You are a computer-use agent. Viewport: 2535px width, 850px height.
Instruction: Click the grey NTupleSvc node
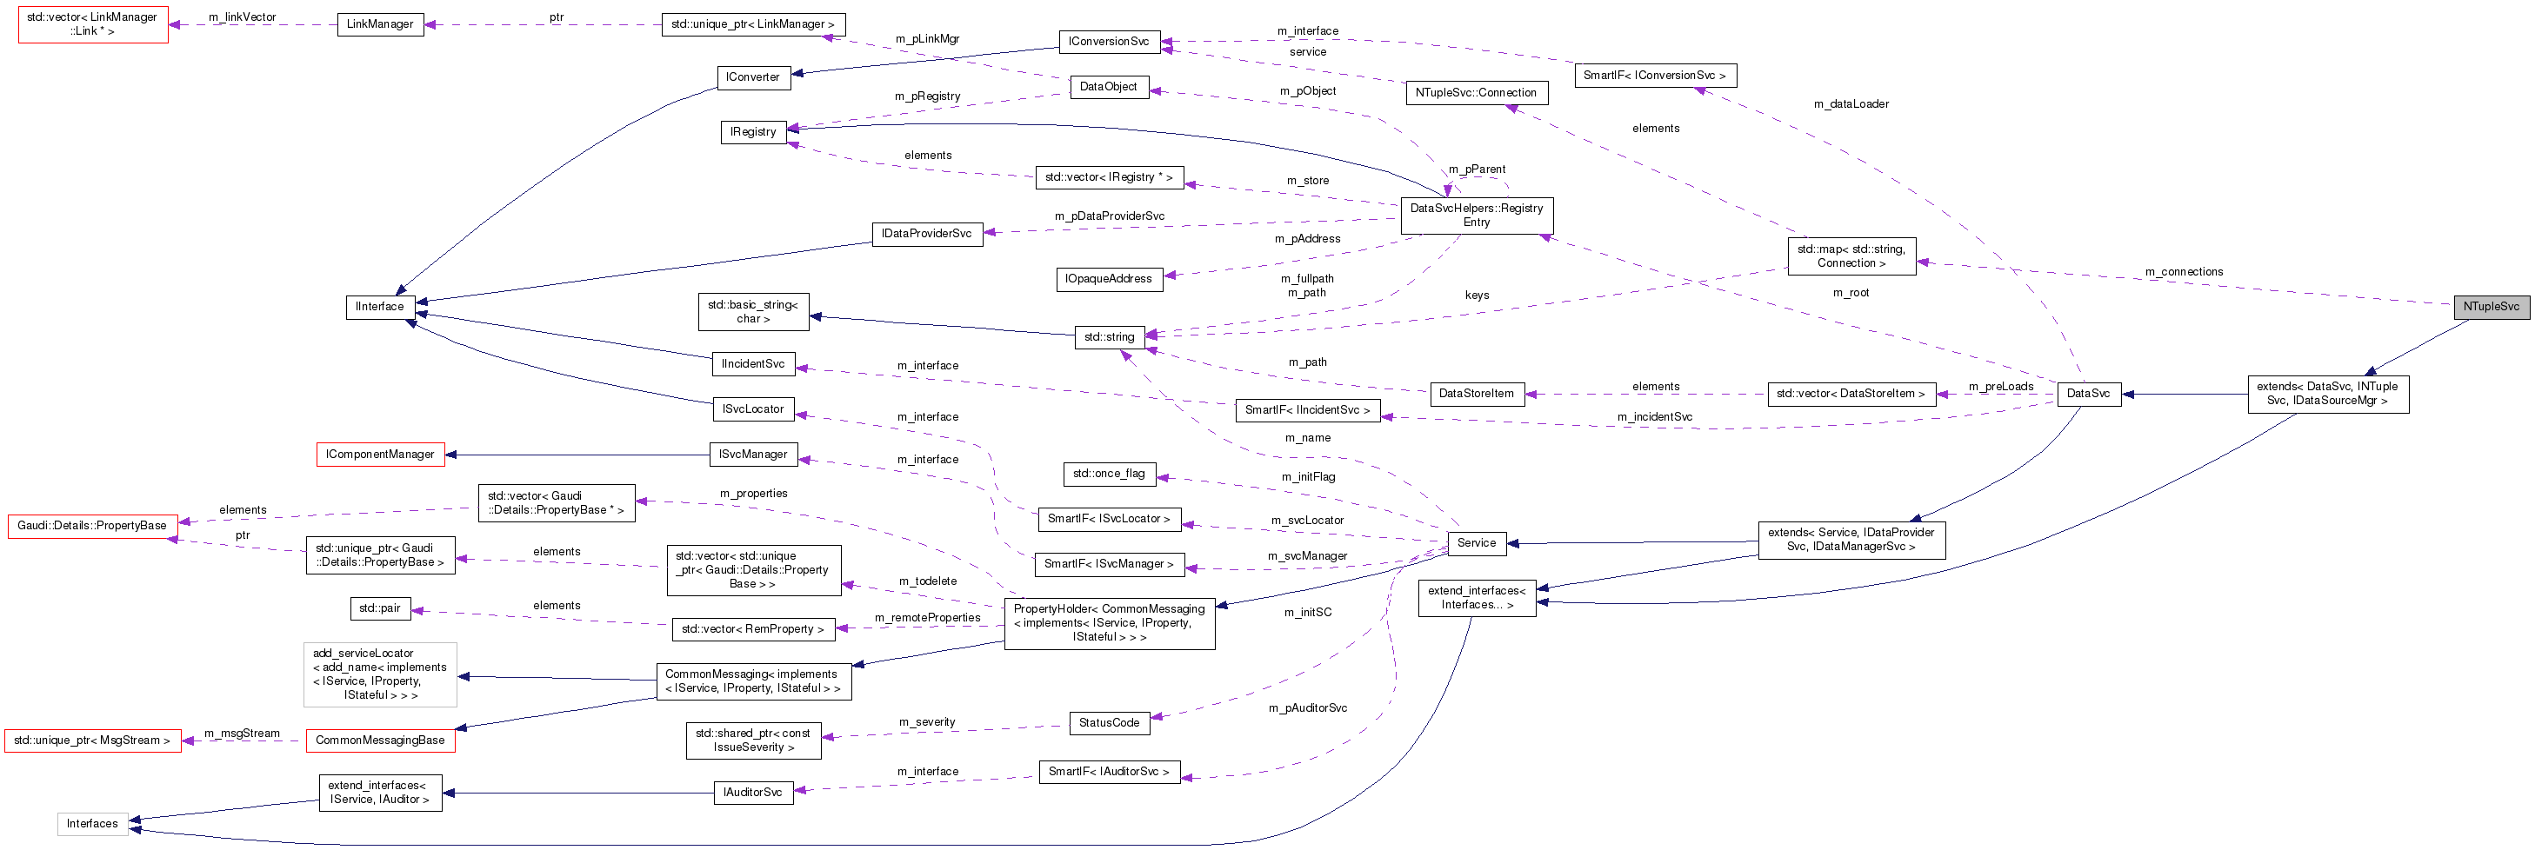[2490, 307]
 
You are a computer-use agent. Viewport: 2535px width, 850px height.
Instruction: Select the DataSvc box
[2087, 394]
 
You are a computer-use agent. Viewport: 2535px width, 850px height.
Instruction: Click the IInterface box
[379, 307]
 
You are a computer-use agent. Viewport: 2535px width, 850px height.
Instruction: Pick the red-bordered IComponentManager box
[380, 455]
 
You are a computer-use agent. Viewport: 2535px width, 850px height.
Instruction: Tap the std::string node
[1108, 337]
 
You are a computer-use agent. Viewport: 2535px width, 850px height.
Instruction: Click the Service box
[1475, 543]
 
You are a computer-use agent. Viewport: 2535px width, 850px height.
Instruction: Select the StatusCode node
[1108, 723]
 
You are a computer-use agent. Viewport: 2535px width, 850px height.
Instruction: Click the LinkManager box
[380, 24]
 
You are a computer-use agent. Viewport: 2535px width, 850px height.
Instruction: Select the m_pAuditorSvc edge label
[1307, 708]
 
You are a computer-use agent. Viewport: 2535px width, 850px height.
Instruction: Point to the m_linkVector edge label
[242, 17]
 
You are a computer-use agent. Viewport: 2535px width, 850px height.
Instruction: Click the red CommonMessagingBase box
[380, 740]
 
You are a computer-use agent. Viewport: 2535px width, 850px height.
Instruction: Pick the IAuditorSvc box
[752, 793]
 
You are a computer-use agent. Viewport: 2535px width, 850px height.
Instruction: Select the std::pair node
[379, 609]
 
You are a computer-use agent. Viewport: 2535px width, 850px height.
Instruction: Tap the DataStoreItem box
[1475, 394]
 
